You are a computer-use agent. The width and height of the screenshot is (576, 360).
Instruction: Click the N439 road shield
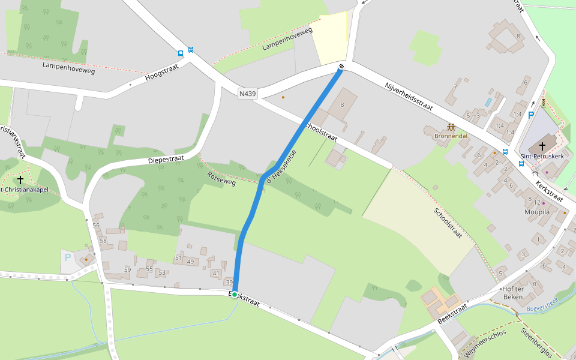(247, 94)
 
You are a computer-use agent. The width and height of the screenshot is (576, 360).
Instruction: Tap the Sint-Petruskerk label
(542, 155)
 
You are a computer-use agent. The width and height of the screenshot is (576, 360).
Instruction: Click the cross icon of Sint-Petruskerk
(542, 146)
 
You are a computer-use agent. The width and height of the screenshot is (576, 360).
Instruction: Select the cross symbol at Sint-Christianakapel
(20, 179)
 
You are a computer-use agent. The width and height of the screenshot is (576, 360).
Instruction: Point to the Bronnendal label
(450, 136)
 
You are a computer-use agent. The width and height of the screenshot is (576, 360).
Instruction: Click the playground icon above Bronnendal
(451, 127)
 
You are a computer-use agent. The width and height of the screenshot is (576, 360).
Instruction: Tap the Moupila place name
(536, 212)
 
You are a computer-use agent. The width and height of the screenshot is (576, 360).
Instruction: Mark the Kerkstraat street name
(549, 191)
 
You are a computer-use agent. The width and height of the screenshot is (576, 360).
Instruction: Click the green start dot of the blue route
(235, 294)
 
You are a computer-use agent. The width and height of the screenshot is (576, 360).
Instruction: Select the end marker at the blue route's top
(341, 67)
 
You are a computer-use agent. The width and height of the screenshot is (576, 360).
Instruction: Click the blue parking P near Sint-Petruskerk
(530, 114)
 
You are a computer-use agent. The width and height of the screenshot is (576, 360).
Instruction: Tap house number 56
(96, 225)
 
